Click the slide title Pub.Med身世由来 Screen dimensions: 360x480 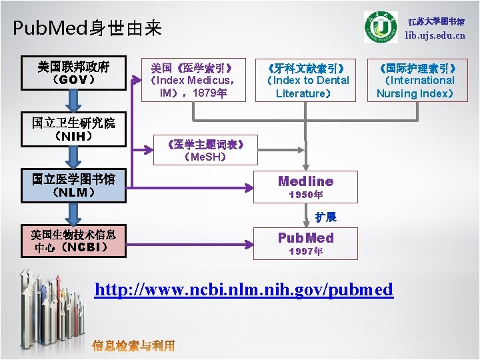coord(87,28)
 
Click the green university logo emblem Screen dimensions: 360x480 coord(381,27)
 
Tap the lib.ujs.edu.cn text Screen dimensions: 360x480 coord(435,35)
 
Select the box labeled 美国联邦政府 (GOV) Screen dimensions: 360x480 coord(73,73)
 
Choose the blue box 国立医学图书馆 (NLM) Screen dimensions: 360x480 coord(73,185)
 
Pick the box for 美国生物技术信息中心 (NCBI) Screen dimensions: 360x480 coord(73,241)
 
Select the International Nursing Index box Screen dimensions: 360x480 coord(417,81)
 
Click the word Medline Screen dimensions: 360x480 coord(305,181)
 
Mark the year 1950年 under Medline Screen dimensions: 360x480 coord(305,195)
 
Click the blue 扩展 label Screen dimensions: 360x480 coord(326,217)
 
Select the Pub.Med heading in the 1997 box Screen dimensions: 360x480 coord(305,237)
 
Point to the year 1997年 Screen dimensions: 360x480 coord(305,252)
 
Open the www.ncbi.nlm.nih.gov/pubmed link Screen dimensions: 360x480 coord(244,289)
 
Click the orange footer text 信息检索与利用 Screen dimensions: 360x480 coord(133,345)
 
